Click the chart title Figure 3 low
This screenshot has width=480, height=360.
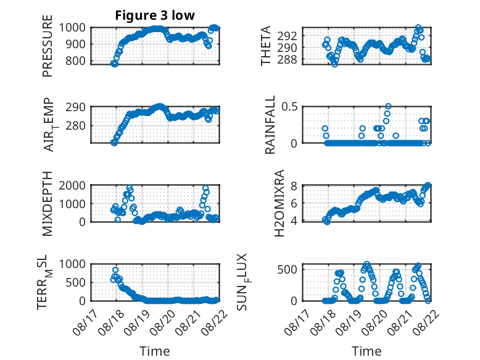155,15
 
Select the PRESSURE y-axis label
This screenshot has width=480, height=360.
48,46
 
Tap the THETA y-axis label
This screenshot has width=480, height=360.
266,46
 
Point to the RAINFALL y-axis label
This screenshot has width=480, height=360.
270,125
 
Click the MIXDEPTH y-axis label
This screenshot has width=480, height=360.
48,204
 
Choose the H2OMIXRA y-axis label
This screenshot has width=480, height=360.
279,203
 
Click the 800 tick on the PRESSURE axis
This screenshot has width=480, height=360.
76,61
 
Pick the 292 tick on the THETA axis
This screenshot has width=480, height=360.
287,36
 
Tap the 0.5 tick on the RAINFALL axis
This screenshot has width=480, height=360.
289,107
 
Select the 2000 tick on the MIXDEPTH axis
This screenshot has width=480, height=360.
72,185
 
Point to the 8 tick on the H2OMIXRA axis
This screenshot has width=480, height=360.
294,186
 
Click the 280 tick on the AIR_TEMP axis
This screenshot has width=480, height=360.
76,125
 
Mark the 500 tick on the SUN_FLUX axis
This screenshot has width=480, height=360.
287,270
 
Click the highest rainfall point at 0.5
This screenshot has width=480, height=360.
388,106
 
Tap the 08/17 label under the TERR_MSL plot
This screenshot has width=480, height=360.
85,322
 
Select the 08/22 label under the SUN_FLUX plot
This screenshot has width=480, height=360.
426,322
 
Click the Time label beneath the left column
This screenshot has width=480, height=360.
155,351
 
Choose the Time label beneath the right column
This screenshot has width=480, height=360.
366,351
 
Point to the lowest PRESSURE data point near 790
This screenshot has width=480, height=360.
114,64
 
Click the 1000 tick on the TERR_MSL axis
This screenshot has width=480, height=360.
72,264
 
